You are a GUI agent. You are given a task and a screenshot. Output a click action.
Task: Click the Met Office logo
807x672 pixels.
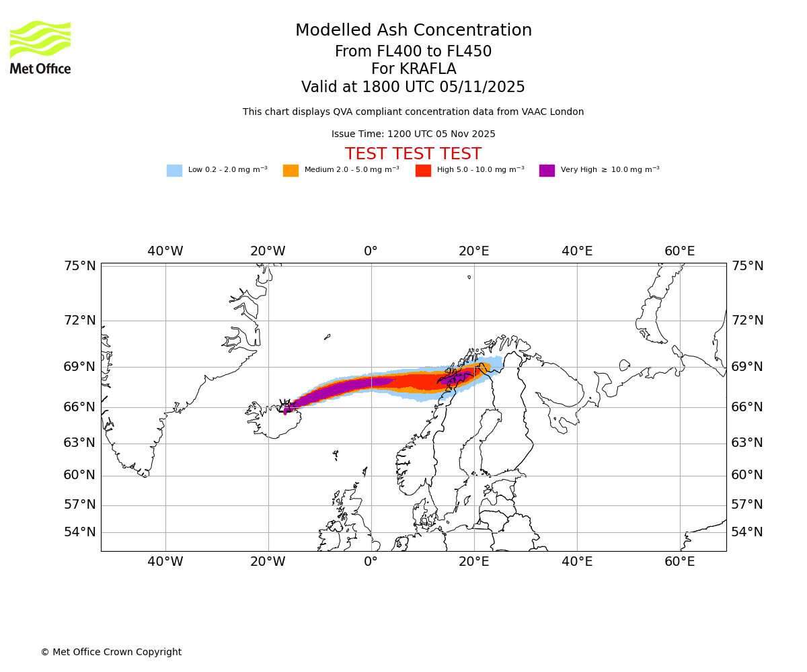[40, 47]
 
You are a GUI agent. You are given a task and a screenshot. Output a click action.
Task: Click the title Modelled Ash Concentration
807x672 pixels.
[414, 31]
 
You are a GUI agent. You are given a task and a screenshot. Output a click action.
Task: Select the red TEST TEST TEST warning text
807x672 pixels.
[413, 155]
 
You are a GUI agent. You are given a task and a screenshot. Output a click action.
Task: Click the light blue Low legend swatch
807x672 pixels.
[174, 170]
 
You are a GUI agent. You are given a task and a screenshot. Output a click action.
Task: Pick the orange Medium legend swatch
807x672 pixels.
[291, 170]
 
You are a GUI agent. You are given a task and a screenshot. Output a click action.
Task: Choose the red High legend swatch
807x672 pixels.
[423, 170]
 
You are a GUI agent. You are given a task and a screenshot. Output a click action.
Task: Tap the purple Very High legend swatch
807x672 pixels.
[547, 170]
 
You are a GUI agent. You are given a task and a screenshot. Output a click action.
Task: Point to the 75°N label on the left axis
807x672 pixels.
[80, 266]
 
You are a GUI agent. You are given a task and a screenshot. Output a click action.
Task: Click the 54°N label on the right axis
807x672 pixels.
[747, 532]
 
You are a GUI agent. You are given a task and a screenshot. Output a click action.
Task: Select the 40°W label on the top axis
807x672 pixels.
[165, 251]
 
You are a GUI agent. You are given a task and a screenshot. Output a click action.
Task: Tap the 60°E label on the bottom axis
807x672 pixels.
[680, 562]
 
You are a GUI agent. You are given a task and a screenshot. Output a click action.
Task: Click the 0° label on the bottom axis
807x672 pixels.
[371, 562]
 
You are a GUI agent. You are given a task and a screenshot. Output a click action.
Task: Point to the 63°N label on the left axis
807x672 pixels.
[80, 443]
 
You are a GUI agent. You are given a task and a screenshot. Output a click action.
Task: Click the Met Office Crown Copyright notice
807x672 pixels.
[111, 652]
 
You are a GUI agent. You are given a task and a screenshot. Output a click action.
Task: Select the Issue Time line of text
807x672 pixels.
[413, 134]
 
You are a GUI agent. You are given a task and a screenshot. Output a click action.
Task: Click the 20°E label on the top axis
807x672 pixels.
[473, 251]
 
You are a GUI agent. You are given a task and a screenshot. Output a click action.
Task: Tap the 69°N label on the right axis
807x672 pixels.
[747, 367]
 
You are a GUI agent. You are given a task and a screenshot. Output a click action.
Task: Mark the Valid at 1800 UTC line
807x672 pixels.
[413, 87]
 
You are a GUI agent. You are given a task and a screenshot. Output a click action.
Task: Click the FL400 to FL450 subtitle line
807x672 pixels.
[413, 52]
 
